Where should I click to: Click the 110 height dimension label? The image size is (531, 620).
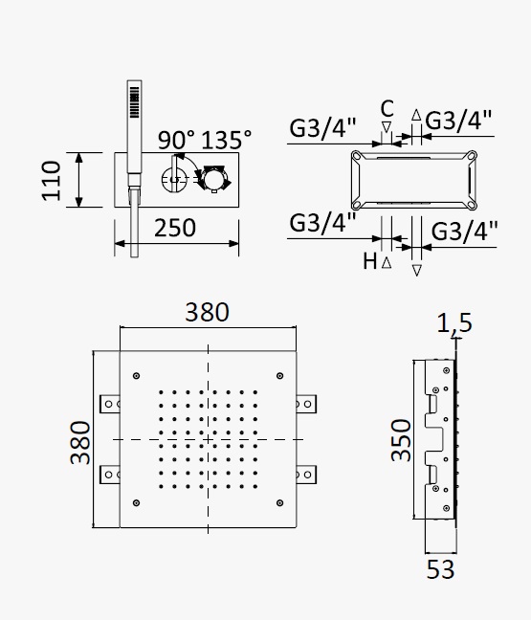pos(52,180)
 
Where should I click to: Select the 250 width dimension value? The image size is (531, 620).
pos(175,228)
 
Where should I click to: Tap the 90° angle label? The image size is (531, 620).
pos(176,140)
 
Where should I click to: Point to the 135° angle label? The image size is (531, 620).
pos(226,140)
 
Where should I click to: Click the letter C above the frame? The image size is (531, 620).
pos(387,108)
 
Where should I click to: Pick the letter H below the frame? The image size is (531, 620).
pos(369,261)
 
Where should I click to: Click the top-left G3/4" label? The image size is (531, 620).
pos(322,127)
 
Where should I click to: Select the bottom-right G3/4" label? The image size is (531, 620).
pos(464,231)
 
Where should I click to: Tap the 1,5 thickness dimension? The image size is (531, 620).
pos(454,322)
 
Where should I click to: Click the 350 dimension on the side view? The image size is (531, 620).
pos(401,440)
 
